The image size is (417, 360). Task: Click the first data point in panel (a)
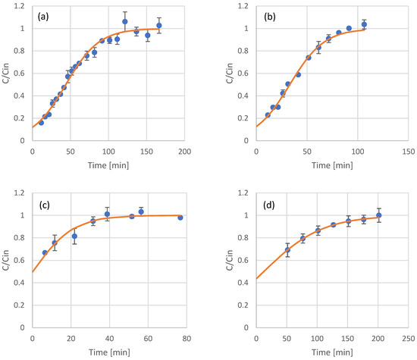tap(41, 122)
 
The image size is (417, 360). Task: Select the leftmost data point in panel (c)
tap(45, 252)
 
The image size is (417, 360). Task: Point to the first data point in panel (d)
tap(287, 249)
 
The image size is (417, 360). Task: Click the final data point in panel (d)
tap(379, 215)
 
